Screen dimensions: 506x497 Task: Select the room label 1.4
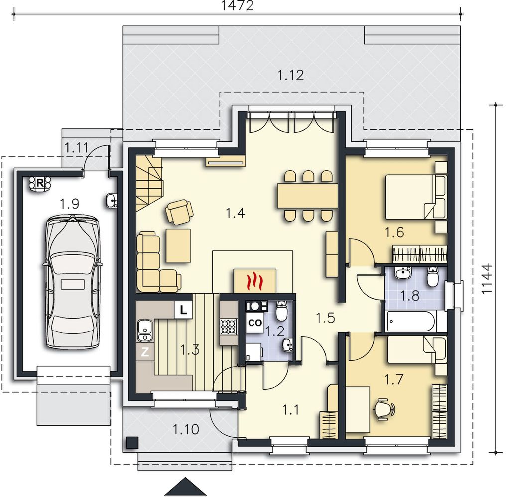coord(235,213)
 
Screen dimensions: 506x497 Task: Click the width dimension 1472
coord(238,5)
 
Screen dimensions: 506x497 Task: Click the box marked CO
coord(254,323)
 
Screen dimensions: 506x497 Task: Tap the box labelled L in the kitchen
coord(183,311)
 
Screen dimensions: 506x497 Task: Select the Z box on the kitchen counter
coord(145,352)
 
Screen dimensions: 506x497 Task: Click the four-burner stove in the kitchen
coord(228,327)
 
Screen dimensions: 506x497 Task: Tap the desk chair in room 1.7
coord(384,409)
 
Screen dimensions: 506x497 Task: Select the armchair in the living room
coord(179,212)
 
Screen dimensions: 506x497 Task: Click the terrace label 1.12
coord(291,75)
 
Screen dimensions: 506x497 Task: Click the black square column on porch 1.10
coord(132,443)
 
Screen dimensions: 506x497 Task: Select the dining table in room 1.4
coord(307,196)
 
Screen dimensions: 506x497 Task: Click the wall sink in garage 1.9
coord(112,201)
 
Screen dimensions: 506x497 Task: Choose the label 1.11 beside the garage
coord(77,148)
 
